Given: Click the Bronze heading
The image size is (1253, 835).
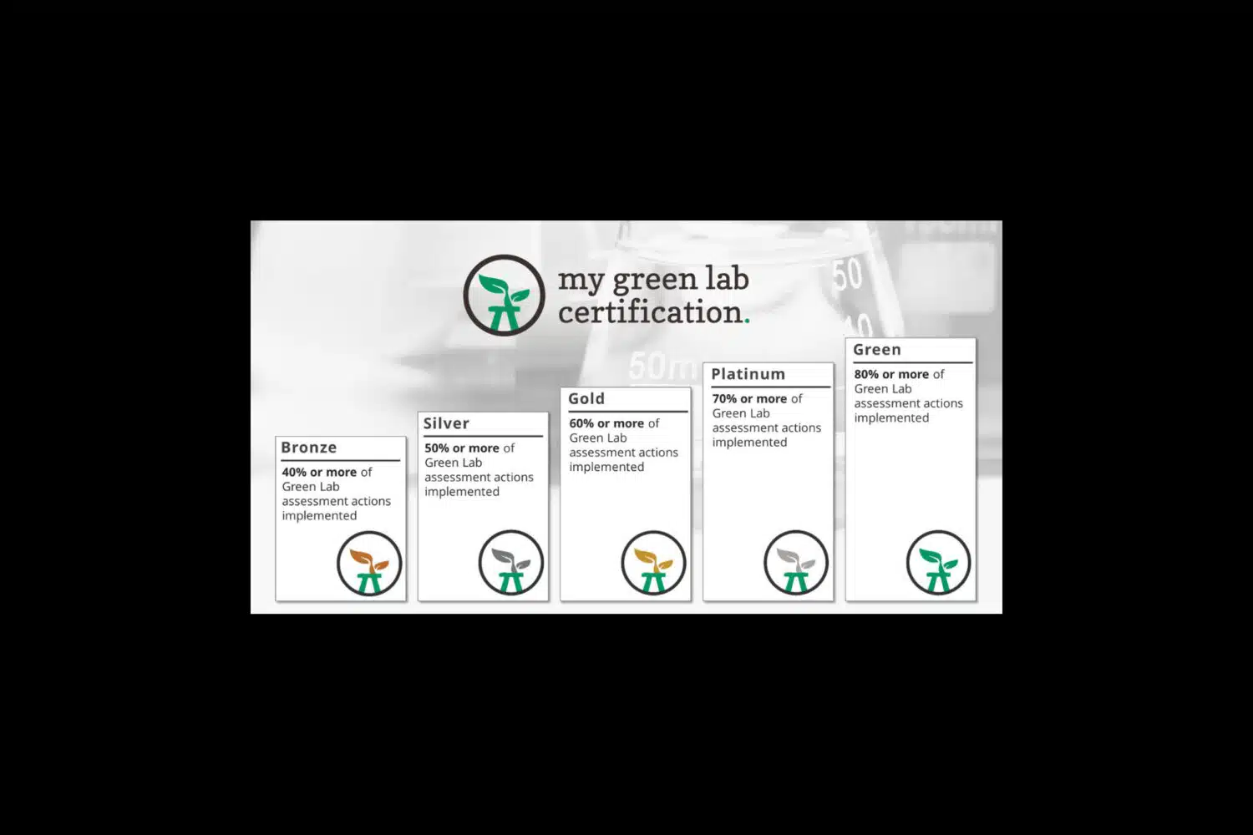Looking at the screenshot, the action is pyautogui.click(x=309, y=448).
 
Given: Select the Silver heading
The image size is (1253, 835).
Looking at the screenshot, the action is pyautogui.click(x=446, y=423).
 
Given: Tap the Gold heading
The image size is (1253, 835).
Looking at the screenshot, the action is pyautogui.click(x=586, y=399).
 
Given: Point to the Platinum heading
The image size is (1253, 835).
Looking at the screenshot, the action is pyautogui.click(x=748, y=374).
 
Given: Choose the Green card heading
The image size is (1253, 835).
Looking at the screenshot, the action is pyautogui.click(x=876, y=350).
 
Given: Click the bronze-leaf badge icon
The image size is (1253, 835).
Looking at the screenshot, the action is pyautogui.click(x=369, y=563).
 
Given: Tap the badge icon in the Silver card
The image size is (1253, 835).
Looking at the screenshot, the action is pyautogui.click(x=511, y=563).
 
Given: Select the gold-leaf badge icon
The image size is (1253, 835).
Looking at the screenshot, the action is pyautogui.click(x=653, y=563).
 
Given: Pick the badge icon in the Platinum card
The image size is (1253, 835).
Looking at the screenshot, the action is pyautogui.click(x=796, y=563).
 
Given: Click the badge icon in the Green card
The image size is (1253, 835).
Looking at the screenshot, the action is pyautogui.click(x=939, y=563).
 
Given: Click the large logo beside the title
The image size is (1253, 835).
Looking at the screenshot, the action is pyautogui.click(x=504, y=295).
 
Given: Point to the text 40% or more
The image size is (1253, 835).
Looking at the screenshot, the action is pyautogui.click(x=319, y=472).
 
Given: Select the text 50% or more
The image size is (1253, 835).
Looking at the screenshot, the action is pyautogui.click(x=461, y=448).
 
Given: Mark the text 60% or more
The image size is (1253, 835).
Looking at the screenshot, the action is pyautogui.click(x=606, y=423).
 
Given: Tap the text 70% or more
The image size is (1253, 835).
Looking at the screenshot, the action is pyautogui.click(x=749, y=399).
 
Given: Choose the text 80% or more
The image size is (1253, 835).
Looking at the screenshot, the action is pyautogui.click(x=891, y=374).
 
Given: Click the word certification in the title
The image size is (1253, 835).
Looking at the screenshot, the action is pyautogui.click(x=651, y=312).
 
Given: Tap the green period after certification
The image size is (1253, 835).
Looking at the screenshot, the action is pyautogui.click(x=747, y=321).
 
